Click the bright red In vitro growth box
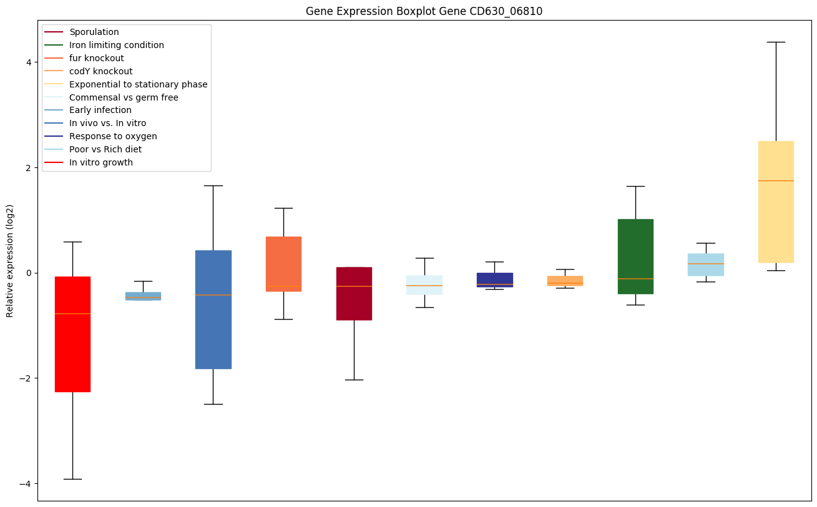click(72, 334)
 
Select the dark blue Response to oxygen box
click(494, 279)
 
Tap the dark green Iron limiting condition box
click(635, 256)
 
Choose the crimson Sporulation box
click(354, 293)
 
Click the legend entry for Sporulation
click(94, 32)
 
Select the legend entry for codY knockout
click(101, 71)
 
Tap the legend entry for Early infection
click(100, 111)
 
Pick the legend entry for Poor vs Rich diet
click(105, 149)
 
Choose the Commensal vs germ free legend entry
click(124, 97)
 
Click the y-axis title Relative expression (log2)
click(10, 260)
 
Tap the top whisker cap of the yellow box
click(776, 42)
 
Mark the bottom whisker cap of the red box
click(72, 479)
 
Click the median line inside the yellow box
click(776, 180)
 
